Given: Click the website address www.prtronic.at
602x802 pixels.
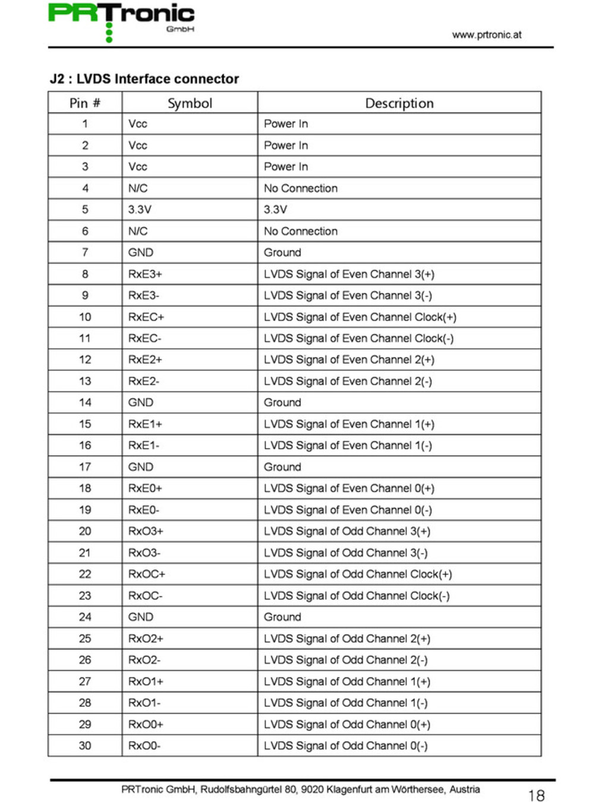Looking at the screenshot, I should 486,34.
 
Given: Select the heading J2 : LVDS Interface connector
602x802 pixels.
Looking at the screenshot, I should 144,79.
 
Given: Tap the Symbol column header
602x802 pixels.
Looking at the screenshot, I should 190,103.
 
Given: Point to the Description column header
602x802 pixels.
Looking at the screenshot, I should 399,103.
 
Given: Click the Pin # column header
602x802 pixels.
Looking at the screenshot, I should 85,103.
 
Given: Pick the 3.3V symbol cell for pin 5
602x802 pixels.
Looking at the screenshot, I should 140,209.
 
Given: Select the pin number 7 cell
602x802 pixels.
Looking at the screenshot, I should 85,252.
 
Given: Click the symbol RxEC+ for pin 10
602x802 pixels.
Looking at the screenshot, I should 146,317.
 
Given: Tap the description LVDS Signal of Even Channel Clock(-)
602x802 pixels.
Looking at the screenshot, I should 358,338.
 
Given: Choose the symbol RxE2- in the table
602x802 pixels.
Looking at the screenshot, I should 144,381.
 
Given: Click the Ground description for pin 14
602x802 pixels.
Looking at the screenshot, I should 282,402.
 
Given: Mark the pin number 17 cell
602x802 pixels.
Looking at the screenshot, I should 85,467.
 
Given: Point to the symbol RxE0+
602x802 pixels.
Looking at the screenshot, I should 145,488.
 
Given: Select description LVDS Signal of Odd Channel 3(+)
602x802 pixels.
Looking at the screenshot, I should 347,531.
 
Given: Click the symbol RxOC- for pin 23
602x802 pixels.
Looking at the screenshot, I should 146,595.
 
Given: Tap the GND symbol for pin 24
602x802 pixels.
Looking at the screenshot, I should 141,617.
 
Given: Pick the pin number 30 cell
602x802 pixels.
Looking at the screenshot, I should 85,746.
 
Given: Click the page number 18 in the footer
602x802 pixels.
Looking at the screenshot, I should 536,795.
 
